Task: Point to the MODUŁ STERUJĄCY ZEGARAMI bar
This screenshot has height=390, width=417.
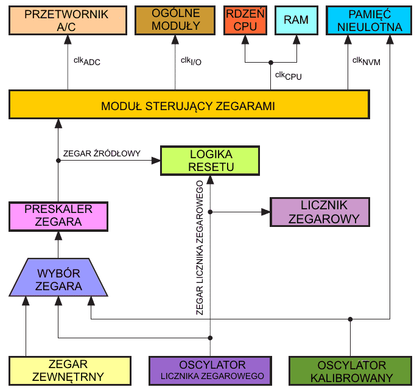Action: (x=188, y=105)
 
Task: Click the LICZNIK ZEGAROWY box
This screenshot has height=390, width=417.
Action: (x=320, y=212)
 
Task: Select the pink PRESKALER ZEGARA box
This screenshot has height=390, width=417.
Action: (x=58, y=215)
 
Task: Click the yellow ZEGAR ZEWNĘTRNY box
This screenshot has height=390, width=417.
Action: (x=58, y=371)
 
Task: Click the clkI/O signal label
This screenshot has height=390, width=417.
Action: (x=191, y=61)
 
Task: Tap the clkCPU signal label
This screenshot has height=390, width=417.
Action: (x=288, y=75)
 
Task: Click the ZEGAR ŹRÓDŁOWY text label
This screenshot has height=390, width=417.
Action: (x=102, y=154)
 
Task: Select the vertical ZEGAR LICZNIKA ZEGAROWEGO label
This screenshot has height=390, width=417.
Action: (x=200, y=247)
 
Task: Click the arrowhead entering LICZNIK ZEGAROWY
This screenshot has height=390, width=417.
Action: (x=266, y=212)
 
